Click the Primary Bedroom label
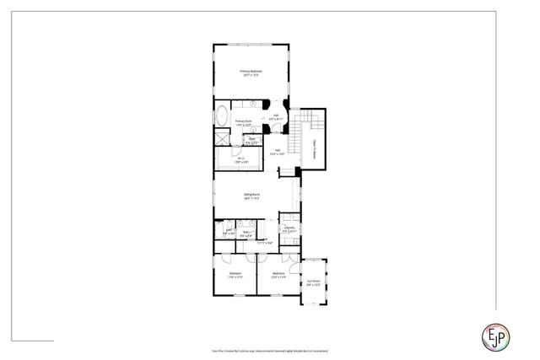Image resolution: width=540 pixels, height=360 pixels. click(251, 73)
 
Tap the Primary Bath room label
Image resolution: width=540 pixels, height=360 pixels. click(244, 123)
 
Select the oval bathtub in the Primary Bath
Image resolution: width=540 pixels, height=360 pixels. click(222, 116)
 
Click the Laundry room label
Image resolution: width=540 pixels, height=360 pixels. click(289, 229)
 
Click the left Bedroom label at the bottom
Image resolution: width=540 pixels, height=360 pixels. click(235, 275)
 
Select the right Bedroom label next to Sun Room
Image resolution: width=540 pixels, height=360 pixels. click(279, 275)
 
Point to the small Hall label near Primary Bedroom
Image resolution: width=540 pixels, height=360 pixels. click(276, 117)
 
